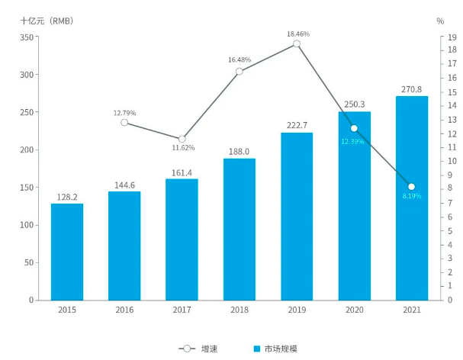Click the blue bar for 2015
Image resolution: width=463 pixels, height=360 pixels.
point(67,252)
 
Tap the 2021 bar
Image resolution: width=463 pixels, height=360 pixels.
point(411,198)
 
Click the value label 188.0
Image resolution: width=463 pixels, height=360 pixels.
point(240,151)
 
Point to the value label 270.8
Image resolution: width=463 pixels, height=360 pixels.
point(411,89)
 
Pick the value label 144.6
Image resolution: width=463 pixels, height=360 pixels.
point(124,184)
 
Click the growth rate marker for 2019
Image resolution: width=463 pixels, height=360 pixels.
point(297,43)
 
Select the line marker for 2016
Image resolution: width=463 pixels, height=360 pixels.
point(124,122)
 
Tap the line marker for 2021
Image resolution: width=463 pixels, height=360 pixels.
point(411,187)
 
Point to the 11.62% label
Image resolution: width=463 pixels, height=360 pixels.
point(183,147)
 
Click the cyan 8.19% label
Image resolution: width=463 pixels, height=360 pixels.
point(411,197)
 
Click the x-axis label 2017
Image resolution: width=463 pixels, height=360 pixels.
point(182,310)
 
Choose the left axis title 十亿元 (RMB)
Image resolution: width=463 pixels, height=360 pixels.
point(47,21)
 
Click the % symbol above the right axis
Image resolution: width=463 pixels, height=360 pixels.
point(440,21)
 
